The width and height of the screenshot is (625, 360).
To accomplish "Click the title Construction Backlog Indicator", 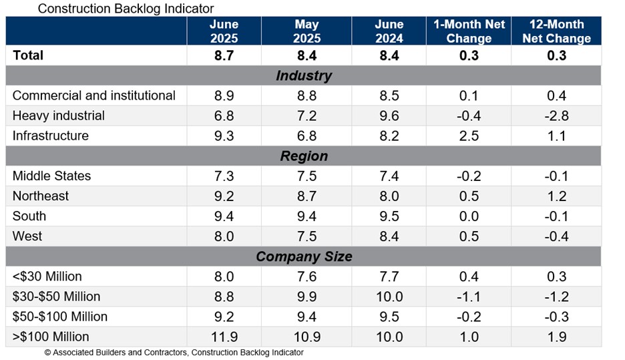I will [x=126, y=9].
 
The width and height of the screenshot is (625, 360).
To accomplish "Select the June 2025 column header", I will [x=224, y=31].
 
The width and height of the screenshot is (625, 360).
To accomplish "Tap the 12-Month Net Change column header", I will [x=556, y=31].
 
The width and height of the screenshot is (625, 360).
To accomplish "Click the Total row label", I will [x=28, y=55].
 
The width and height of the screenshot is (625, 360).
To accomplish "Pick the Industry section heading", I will [x=303, y=75].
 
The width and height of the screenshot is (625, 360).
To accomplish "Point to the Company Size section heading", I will [x=303, y=256].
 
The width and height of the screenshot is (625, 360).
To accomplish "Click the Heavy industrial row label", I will [x=59, y=116].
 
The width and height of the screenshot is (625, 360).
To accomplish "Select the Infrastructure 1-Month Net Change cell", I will [x=469, y=136].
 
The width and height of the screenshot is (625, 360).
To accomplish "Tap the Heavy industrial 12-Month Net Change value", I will [x=556, y=116].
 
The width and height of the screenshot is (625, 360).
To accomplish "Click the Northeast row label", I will [x=41, y=196].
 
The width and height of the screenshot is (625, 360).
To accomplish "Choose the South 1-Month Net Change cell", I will [x=469, y=216].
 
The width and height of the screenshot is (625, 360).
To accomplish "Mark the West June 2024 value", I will [x=389, y=236].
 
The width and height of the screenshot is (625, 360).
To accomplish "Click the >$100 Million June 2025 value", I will [x=224, y=337].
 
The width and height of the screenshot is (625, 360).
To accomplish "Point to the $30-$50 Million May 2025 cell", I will [x=306, y=297].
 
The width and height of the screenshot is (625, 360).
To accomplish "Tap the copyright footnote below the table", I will [x=174, y=352].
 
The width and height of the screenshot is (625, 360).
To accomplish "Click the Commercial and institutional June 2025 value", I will [x=224, y=96].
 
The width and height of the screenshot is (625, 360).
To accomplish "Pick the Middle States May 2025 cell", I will [x=306, y=176].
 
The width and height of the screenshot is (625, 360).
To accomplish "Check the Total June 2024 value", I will [x=389, y=55].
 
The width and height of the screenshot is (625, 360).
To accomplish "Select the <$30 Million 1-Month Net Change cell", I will [x=469, y=277].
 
